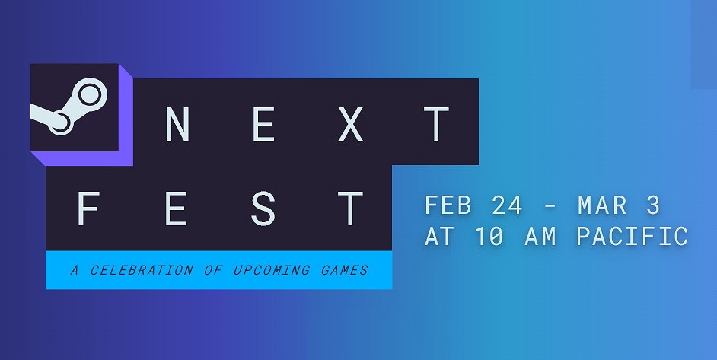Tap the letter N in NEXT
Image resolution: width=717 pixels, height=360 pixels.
click(x=177, y=123)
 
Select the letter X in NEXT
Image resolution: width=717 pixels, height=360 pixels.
click(x=350, y=123)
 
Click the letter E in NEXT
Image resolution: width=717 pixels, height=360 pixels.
click(x=264, y=123)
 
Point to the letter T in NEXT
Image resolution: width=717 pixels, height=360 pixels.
click(x=436, y=123)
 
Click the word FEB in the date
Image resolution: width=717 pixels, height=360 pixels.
click(x=448, y=205)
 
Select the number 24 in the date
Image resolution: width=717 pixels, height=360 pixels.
click(x=507, y=205)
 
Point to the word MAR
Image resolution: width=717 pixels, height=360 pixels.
click(x=602, y=205)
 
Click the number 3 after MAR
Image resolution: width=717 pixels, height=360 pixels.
click(x=653, y=205)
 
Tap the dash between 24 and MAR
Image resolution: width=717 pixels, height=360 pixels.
click(x=550, y=207)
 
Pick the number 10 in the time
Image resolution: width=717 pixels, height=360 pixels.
click(x=490, y=237)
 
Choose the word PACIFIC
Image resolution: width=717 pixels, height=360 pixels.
click(x=632, y=237)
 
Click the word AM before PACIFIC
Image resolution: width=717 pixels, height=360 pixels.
click(x=541, y=237)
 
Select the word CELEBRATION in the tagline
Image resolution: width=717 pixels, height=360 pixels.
click(x=142, y=270)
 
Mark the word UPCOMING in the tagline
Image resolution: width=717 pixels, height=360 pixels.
click(x=271, y=270)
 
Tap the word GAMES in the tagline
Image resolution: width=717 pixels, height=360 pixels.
click(x=344, y=270)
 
